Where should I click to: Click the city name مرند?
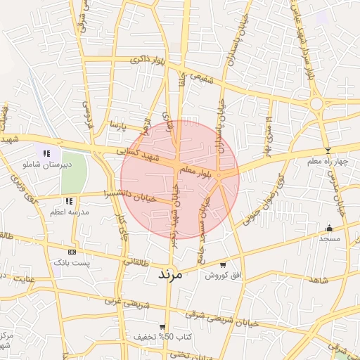coord(167,274)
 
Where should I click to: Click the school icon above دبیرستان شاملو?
coord(47,153)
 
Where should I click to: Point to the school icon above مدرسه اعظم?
coord(69,201)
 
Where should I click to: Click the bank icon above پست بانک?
coord(72,252)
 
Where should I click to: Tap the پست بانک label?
coord(72,262)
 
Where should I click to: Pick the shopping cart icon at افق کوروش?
coord(223,265)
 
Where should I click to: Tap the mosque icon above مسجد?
coord(329,228)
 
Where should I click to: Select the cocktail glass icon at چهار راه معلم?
coord(328,151)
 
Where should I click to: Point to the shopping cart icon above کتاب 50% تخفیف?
coord(163,327)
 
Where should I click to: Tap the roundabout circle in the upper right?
coord(316,104)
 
